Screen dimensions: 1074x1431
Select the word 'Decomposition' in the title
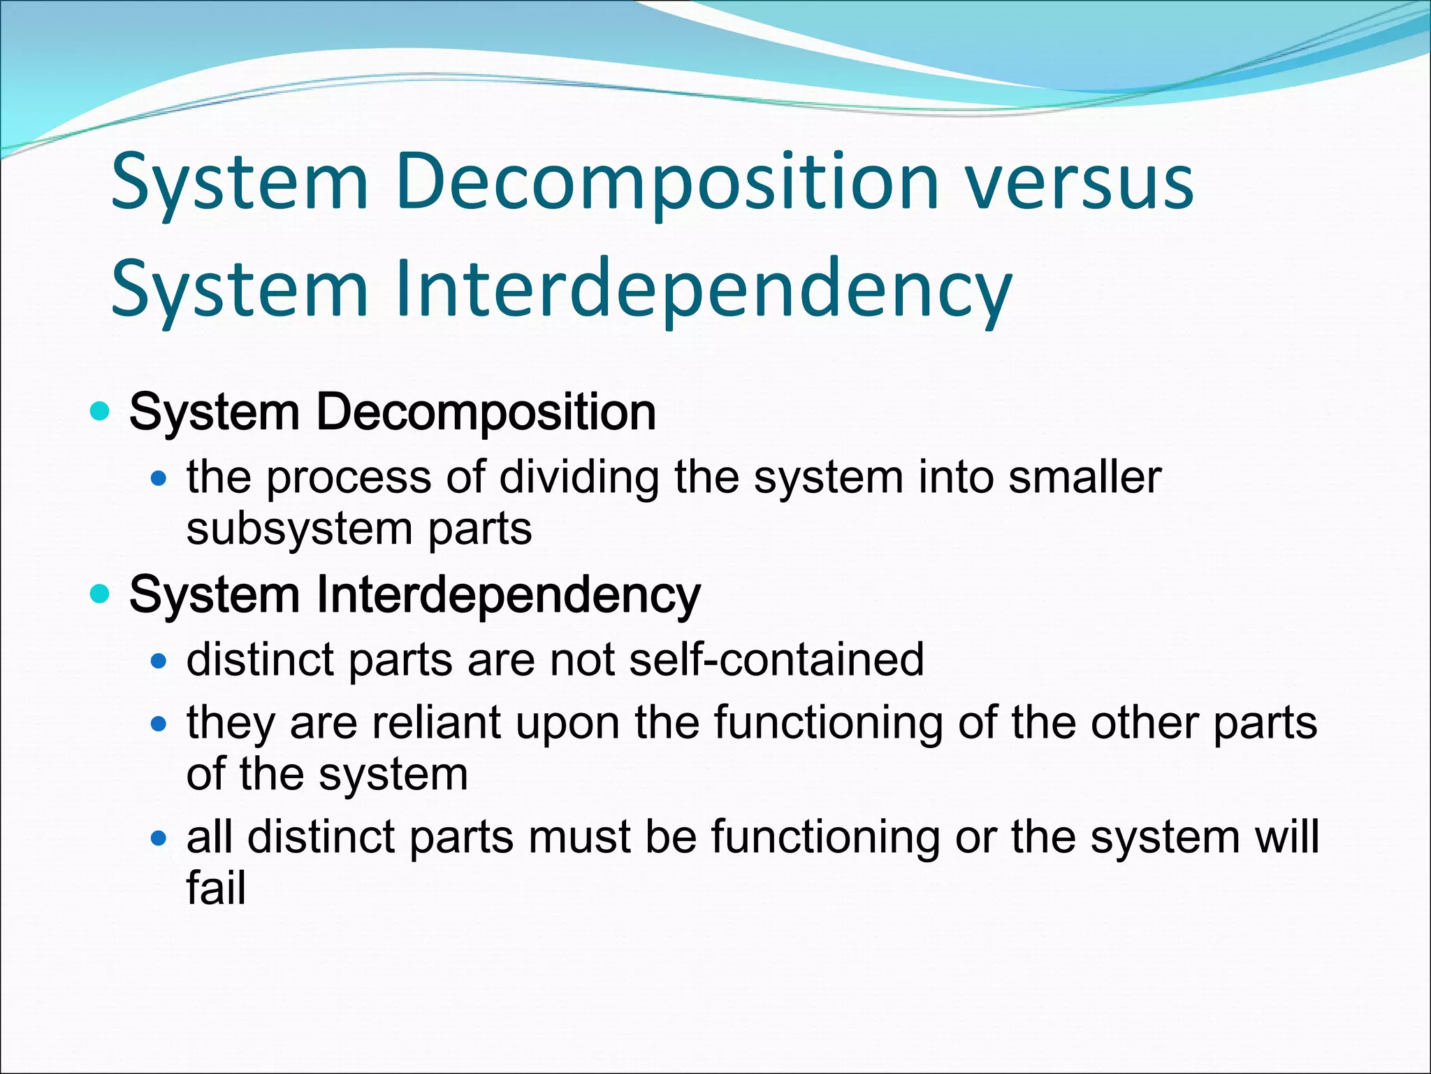click(667, 184)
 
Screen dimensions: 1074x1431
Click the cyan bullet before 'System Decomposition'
click(101, 412)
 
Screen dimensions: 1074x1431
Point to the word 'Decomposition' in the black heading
click(486, 413)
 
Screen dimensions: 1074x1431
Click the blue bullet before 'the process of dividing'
click(159, 479)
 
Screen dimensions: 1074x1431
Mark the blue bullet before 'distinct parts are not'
click(159, 660)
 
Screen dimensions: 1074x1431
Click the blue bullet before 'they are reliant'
click(159, 724)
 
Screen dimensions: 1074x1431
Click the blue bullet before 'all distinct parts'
click(159, 837)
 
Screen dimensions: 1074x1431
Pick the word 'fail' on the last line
click(216, 888)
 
